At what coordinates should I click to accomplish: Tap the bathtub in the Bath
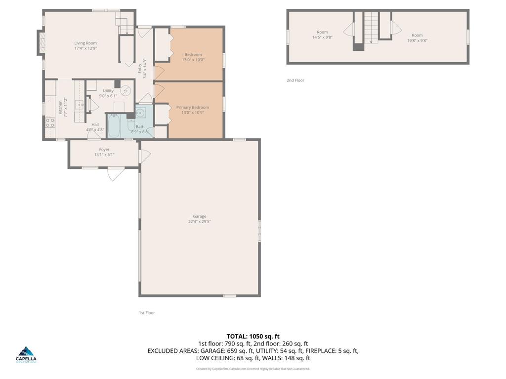click(x=114, y=126)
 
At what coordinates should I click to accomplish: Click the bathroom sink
click(x=140, y=113)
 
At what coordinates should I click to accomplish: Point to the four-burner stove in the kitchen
click(x=50, y=122)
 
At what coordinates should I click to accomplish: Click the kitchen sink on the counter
click(x=80, y=105)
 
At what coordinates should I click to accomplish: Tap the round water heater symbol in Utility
click(x=126, y=91)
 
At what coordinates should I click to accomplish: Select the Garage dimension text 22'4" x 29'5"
click(x=200, y=222)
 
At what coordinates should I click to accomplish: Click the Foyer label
click(x=104, y=150)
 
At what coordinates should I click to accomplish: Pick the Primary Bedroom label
click(x=193, y=107)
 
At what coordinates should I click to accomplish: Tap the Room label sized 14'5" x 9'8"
click(x=322, y=32)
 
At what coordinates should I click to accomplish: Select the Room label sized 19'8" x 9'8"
click(x=418, y=35)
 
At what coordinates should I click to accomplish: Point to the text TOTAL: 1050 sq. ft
click(x=253, y=337)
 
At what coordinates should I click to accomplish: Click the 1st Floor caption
click(x=147, y=313)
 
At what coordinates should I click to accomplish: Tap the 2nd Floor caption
click(x=295, y=80)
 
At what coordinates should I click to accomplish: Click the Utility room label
click(x=108, y=91)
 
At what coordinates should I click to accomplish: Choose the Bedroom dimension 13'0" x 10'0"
click(x=193, y=60)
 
